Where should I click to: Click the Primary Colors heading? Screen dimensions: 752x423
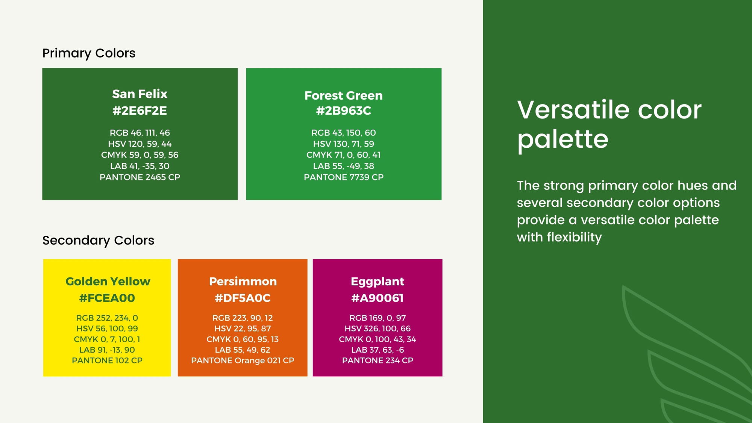(89, 53)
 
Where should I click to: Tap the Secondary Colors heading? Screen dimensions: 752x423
(98, 240)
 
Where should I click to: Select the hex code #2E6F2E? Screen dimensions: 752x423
(140, 111)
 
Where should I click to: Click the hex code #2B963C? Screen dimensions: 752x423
(344, 111)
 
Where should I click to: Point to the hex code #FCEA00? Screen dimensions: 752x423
(107, 298)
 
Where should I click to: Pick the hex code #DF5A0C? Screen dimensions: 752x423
(243, 298)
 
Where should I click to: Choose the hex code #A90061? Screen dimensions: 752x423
(378, 298)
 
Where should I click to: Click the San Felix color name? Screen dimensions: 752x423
(140, 94)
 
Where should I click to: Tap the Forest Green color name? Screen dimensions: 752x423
(344, 96)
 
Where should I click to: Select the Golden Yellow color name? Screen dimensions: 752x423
(108, 281)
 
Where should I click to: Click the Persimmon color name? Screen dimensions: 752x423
(243, 281)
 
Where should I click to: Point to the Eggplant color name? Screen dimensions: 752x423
(378, 282)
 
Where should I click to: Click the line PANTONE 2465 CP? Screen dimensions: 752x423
(140, 177)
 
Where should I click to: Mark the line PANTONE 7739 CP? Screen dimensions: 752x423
(344, 177)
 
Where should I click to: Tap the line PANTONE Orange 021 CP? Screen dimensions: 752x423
(243, 361)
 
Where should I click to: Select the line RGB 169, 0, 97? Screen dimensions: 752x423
(378, 318)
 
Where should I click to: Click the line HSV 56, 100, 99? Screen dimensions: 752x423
(107, 329)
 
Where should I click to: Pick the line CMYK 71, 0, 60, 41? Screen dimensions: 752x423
(344, 155)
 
